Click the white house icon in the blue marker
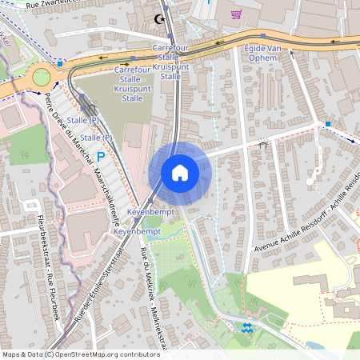click(x=179, y=172)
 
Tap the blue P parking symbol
click(x=101, y=157)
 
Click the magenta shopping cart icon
click(x=236, y=14)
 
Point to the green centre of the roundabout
click(x=40, y=78)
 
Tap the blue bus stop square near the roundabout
click(x=60, y=62)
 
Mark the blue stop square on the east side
click(x=328, y=124)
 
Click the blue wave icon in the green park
click(x=247, y=326)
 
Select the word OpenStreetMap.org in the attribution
click(x=96, y=354)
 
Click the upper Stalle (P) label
click(x=83, y=119)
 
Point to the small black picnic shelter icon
click(x=263, y=143)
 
